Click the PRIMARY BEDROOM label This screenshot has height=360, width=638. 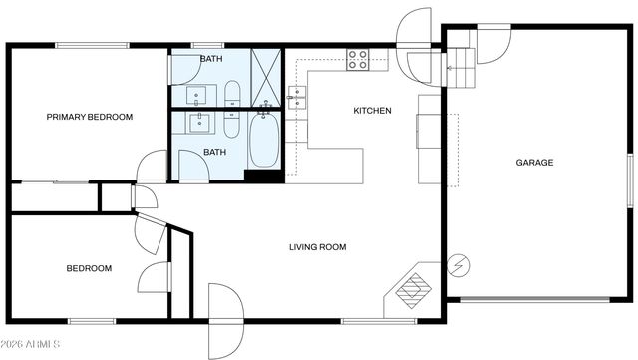tap(90, 117)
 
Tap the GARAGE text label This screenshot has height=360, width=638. tap(534, 162)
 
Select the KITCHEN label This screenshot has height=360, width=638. tap(372, 110)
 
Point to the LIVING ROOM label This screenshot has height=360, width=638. tap(318, 247)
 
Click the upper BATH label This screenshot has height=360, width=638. tap(211, 59)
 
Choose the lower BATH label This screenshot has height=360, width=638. tap(215, 152)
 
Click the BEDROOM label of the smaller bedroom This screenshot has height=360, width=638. tap(89, 268)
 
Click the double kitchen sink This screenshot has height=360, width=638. tap(297, 97)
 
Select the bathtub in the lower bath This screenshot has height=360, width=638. tap(264, 141)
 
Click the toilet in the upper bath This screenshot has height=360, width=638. tap(232, 96)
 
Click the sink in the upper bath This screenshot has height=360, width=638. tap(196, 96)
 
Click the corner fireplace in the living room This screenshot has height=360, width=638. tap(410, 289)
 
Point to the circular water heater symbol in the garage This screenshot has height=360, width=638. tap(459, 266)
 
